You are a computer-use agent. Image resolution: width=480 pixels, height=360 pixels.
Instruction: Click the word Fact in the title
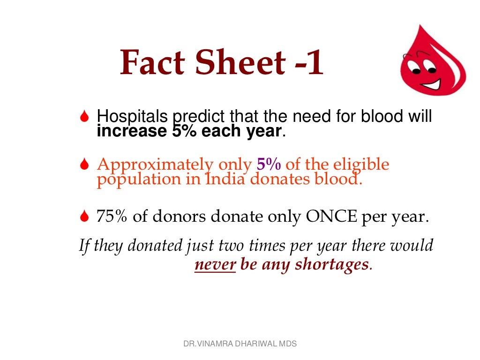[151, 63]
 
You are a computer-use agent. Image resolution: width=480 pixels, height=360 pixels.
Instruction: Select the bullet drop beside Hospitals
[84, 117]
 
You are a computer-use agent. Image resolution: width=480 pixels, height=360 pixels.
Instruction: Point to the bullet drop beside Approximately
[84, 165]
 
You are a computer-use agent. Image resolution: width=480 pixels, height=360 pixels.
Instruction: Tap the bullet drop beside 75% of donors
[84, 217]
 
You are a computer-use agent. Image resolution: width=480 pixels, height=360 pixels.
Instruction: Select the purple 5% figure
[269, 165]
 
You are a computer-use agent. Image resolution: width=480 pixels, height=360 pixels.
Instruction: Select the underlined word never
[215, 265]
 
